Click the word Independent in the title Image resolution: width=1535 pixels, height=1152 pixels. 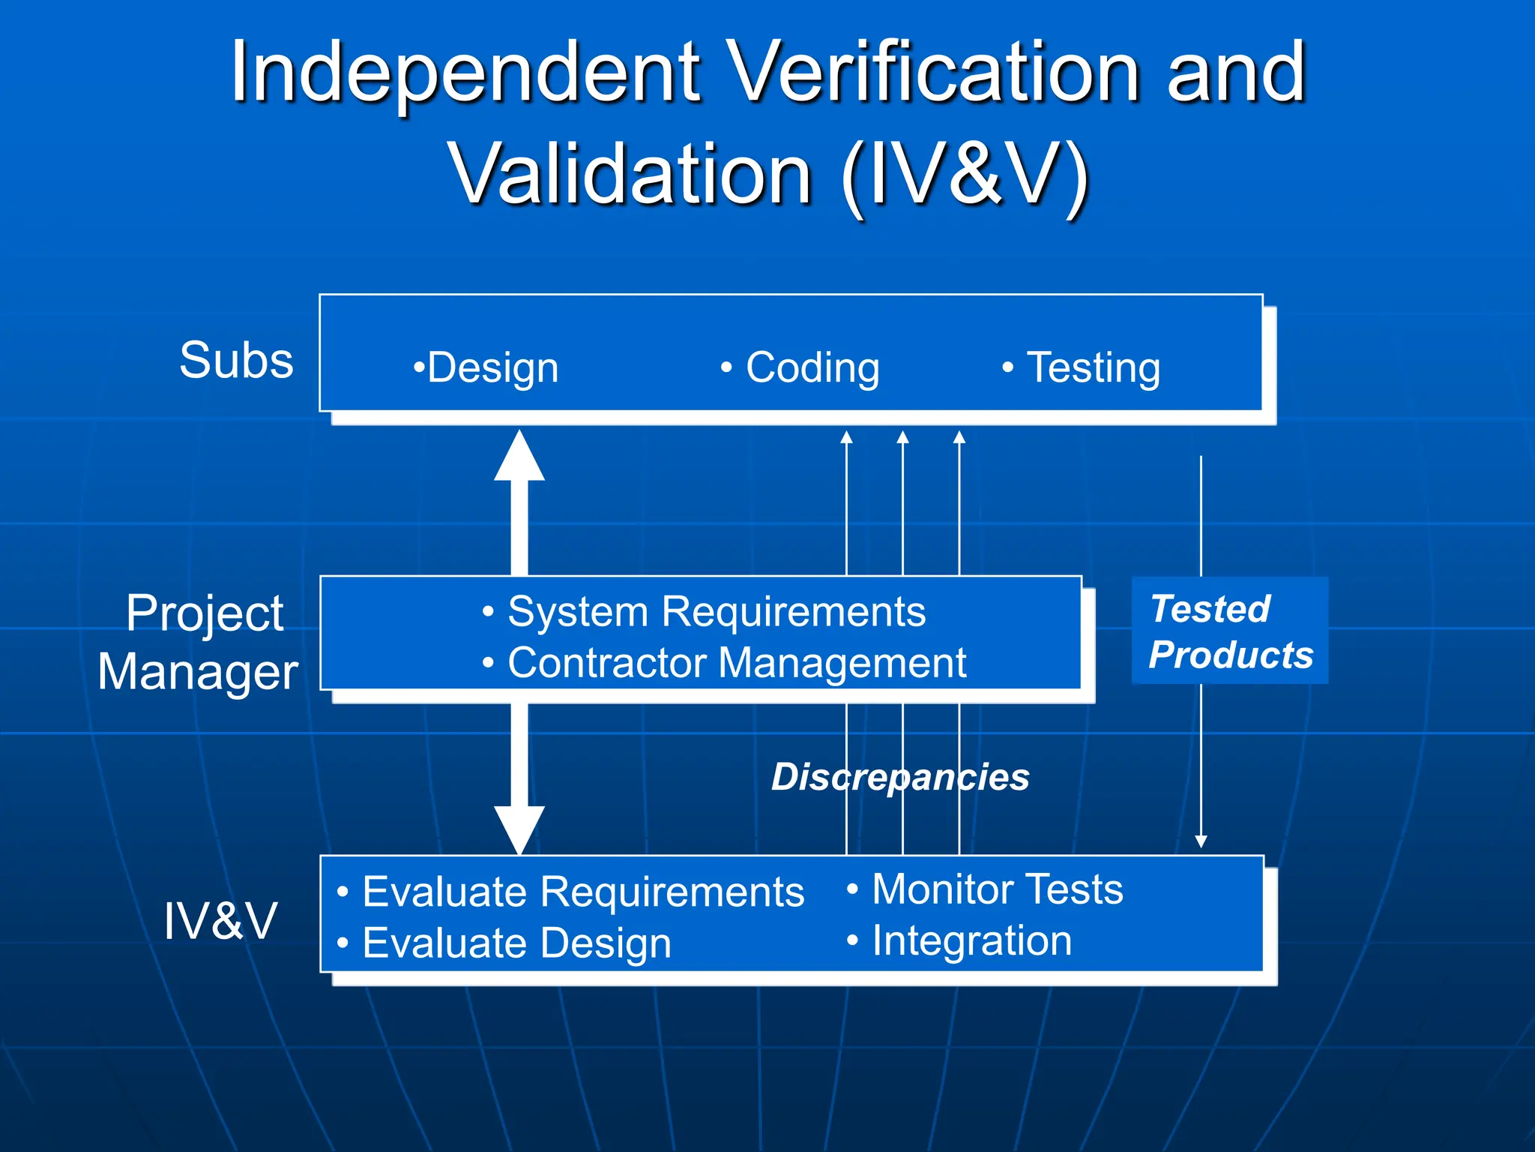pyautogui.click(x=465, y=73)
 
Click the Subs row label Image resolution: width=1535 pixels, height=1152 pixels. pyautogui.click(x=236, y=360)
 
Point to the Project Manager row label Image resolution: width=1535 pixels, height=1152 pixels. pyautogui.click(x=199, y=642)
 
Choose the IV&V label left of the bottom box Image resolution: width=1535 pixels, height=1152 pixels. pyautogui.click(x=220, y=921)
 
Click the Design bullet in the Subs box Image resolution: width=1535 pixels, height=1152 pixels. pyautogui.click(x=486, y=368)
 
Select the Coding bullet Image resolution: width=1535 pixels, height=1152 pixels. pyautogui.click(x=800, y=368)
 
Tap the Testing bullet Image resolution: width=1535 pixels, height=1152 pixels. pyautogui.click(x=1082, y=368)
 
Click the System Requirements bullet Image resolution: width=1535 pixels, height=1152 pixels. pyautogui.click(x=705, y=612)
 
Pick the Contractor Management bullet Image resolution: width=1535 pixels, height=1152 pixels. pyautogui.click(x=725, y=663)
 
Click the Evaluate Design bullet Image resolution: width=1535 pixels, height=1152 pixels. pyautogui.click(x=504, y=943)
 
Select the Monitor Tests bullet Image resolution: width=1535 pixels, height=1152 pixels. pyautogui.click(x=986, y=889)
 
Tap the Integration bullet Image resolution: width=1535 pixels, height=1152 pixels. pyautogui.click(x=960, y=940)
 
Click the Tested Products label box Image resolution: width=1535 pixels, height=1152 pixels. pyautogui.click(x=1230, y=631)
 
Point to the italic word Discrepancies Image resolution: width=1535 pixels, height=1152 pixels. pyautogui.click(x=900, y=777)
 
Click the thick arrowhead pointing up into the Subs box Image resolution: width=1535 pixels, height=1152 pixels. pyautogui.click(x=519, y=456)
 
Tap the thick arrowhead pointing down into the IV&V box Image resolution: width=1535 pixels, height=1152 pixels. pyautogui.click(x=519, y=829)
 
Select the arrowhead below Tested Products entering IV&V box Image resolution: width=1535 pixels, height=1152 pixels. pyautogui.click(x=1201, y=841)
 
